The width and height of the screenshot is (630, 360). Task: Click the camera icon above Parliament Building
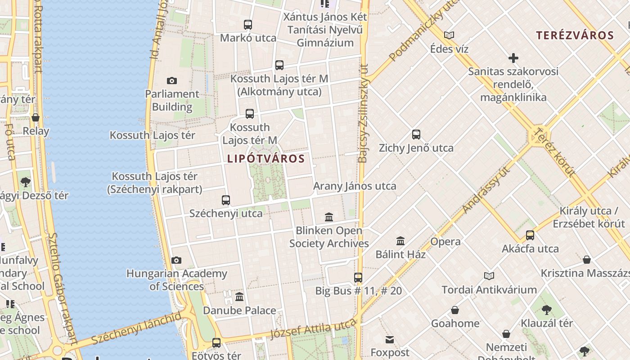(171, 81)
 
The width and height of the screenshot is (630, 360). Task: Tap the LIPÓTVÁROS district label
(266, 159)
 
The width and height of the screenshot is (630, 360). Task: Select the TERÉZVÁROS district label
(575, 36)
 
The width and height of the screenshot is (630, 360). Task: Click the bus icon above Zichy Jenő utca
(416, 134)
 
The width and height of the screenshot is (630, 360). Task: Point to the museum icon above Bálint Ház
(400, 241)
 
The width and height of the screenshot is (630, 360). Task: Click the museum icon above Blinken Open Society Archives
(329, 217)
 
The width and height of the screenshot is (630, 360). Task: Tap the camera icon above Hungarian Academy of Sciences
(176, 260)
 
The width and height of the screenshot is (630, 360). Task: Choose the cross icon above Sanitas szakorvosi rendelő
(513, 58)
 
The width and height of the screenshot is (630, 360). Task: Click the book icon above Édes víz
(449, 35)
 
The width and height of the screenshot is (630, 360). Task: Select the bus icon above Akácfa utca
(530, 235)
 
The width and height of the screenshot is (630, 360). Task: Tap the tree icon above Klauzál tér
(547, 310)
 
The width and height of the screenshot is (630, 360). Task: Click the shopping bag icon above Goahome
(455, 310)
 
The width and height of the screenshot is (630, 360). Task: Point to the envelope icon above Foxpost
(390, 339)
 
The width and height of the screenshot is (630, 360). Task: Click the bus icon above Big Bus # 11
(358, 277)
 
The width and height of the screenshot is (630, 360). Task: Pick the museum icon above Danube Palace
(239, 297)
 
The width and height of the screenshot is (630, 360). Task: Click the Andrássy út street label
(487, 190)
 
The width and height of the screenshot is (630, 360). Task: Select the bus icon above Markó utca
(248, 25)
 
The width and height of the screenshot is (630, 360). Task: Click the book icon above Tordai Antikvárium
(489, 276)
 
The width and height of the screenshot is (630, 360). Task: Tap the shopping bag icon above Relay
(36, 118)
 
